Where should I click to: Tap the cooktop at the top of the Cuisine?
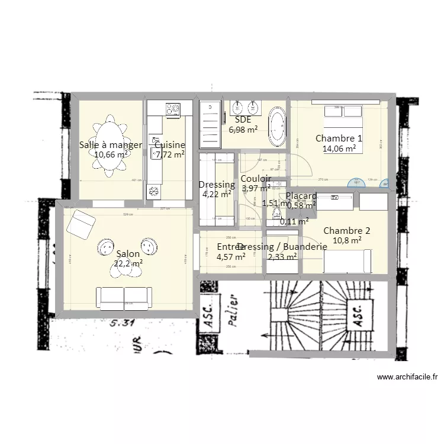[x=173, y=108]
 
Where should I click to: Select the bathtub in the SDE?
[x=277, y=126]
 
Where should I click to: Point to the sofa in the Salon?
[x=124, y=298]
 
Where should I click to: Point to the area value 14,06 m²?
[x=339, y=149]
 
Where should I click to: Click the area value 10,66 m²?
[x=111, y=155]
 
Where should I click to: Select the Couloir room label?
[x=256, y=179]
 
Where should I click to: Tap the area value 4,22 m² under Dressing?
[x=216, y=194]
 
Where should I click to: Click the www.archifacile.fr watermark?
[x=407, y=377]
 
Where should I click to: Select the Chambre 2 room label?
[x=346, y=230]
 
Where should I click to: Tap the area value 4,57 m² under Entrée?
[x=231, y=257]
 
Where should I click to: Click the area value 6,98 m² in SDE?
[x=243, y=130]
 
